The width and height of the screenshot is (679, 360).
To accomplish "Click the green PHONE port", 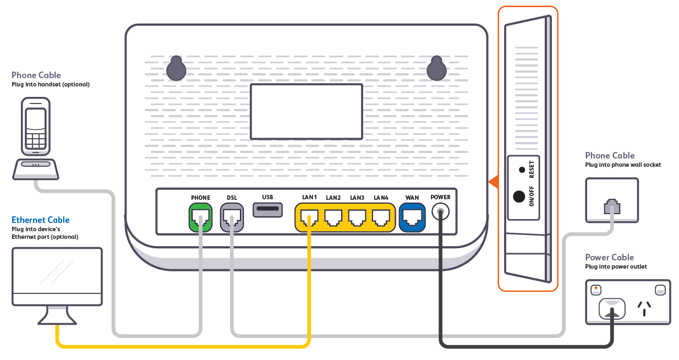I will (x=200, y=217).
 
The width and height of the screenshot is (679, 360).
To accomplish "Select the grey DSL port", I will (x=232, y=217).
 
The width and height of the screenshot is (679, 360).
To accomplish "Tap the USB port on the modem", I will (x=267, y=210).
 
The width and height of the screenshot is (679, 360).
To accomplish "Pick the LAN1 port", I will (x=309, y=218).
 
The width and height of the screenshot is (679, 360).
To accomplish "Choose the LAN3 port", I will (x=357, y=218).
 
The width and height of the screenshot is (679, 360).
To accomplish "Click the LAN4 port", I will (x=381, y=218).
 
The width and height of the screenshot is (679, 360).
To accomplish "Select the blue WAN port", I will (x=412, y=218).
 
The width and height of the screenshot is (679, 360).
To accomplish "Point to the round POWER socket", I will (x=440, y=211).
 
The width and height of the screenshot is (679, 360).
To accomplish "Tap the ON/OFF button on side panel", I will (x=519, y=197).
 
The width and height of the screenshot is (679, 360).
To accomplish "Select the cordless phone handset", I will (x=36, y=127).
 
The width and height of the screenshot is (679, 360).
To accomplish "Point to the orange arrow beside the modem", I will (x=493, y=181).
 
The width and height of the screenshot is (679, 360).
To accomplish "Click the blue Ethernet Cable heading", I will (x=41, y=220).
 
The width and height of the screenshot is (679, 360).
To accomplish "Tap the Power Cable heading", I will (x=609, y=257).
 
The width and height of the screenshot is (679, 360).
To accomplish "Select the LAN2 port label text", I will (x=333, y=198).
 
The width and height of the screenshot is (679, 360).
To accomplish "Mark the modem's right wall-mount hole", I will (x=436, y=68).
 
